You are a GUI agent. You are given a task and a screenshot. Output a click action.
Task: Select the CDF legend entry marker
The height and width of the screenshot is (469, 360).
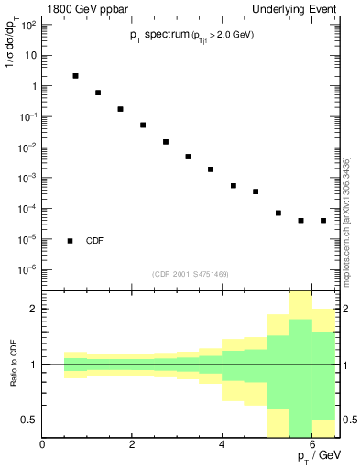coord(71,241)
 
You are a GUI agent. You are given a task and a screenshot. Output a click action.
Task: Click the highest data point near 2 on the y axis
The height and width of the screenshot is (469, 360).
coord(75,76)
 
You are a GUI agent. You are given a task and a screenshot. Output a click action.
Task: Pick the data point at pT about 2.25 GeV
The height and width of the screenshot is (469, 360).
coord(143,125)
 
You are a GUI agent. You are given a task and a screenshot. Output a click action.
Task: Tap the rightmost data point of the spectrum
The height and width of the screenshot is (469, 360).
coord(323,221)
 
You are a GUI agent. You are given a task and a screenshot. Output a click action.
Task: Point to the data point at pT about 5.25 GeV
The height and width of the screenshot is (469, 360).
coord(278,213)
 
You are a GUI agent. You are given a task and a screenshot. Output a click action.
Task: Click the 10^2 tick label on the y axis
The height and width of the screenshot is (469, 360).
coord(28,24)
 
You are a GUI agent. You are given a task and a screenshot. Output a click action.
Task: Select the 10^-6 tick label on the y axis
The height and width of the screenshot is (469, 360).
coord(27,270)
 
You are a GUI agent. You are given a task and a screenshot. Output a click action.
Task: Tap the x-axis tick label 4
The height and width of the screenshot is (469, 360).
coord(223,444)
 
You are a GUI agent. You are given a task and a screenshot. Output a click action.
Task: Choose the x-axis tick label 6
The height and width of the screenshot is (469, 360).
coord(312,444)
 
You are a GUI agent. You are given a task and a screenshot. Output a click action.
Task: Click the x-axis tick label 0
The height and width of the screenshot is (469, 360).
coord(43,444)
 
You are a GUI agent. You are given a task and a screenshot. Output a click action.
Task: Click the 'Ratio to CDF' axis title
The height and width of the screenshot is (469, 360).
coord(13,364)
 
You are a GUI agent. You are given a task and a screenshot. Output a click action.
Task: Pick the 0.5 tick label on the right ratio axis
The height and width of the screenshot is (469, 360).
coord(349,420)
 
